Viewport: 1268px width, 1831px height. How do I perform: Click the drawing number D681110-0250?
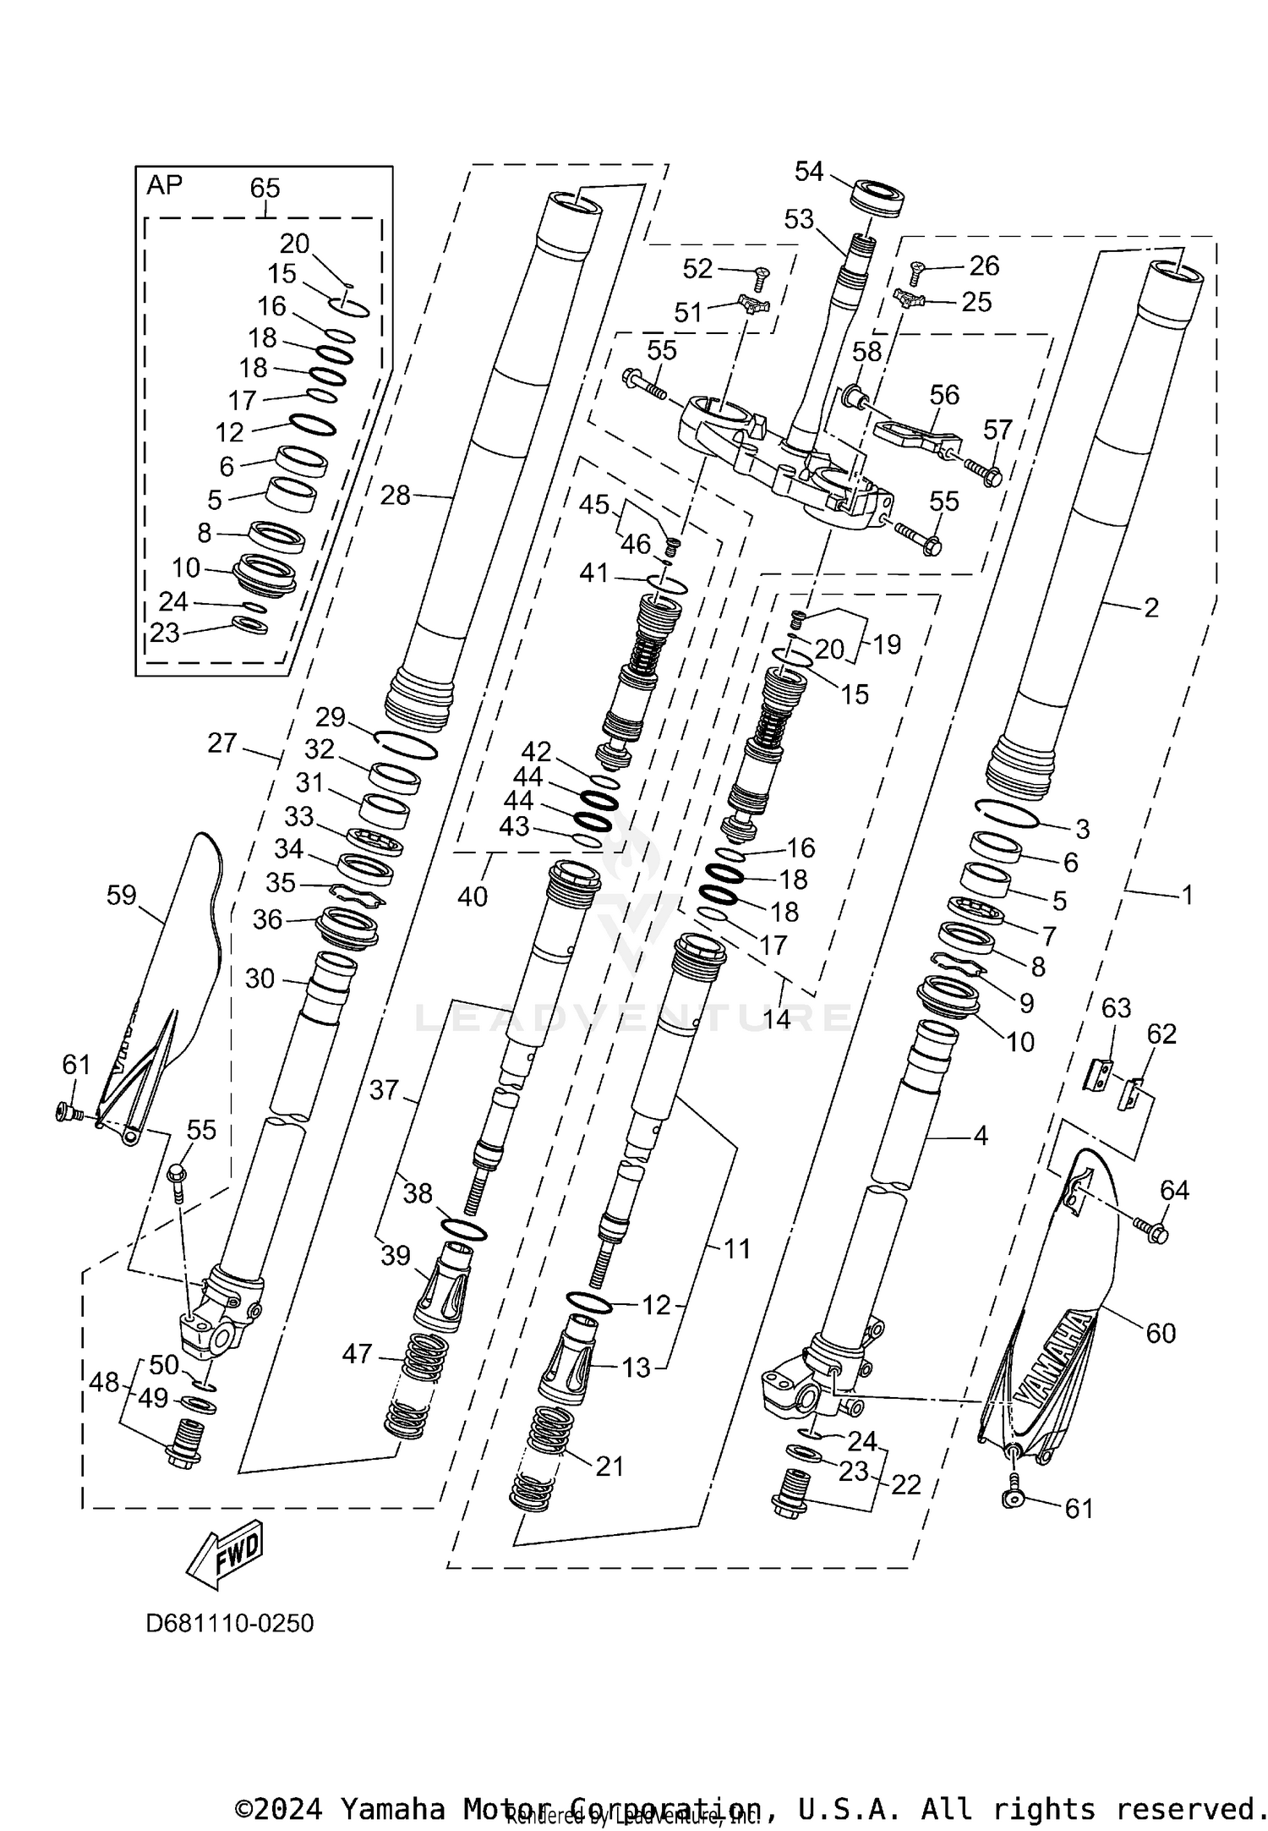point(230,1623)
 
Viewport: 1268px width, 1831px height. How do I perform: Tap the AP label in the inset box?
point(164,185)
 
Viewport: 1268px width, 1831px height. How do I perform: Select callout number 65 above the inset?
point(265,188)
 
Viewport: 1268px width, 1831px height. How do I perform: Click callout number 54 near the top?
point(809,172)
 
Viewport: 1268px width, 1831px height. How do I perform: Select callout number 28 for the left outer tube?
point(395,495)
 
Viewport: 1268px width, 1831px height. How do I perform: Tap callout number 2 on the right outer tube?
point(1150,607)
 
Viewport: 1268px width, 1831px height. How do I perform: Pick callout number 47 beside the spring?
point(357,1353)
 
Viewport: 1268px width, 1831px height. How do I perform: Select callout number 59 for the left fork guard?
point(122,895)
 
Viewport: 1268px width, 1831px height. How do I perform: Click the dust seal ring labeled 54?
point(879,198)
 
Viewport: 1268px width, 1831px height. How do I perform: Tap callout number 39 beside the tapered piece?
point(395,1255)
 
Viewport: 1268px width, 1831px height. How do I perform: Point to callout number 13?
point(636,1367)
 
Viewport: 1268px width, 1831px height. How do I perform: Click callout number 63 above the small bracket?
point(1116,1007)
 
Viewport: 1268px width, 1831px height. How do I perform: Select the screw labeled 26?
point(917,272)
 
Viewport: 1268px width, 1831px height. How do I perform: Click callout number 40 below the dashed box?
point(473,896)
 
